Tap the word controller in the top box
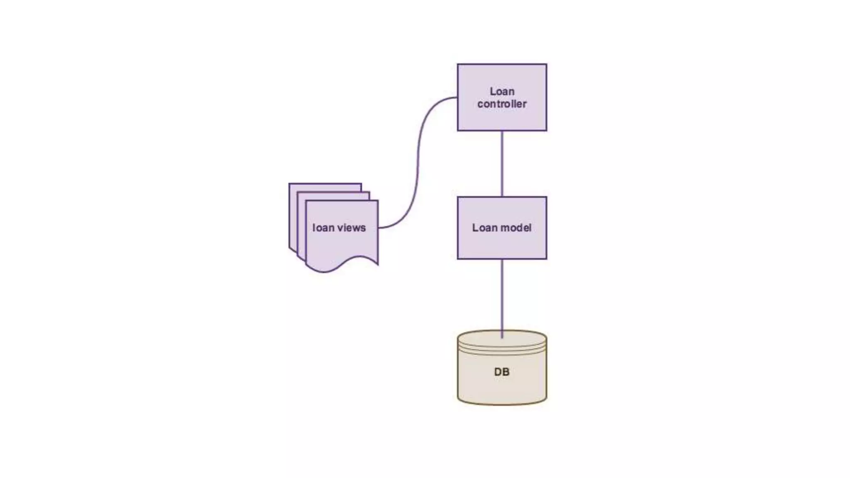coord(502,104)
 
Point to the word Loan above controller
coord(502,91)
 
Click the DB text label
coord(502,372)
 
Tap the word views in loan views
coord(352,228)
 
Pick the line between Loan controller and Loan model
coord(502,164)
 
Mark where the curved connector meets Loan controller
coord(457,98)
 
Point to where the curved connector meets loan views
coord(379,228)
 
